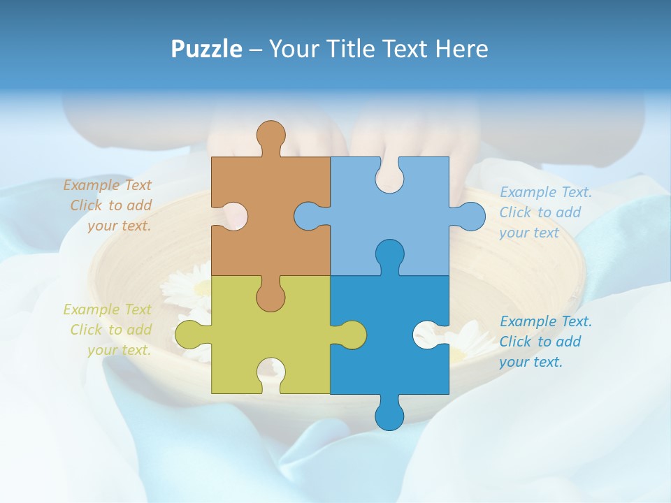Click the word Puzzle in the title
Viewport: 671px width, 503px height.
click(207, 50)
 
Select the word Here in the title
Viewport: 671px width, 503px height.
click(461, 50)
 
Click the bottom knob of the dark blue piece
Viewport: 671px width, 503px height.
click(389, 416)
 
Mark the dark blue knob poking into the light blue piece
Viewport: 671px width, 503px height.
click(389, 254)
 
